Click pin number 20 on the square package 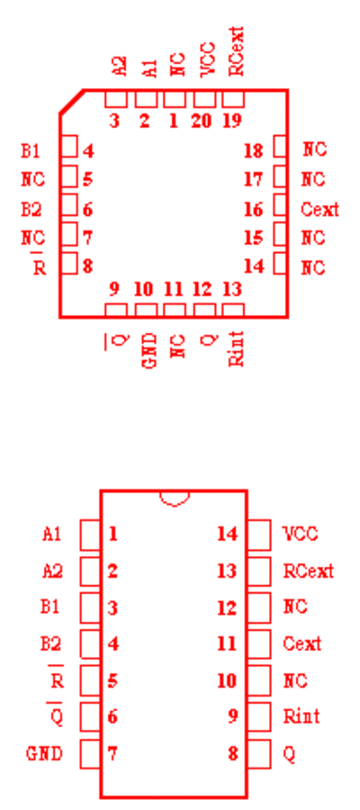click(x=202, y=121)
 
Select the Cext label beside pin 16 click(x=319, y=210)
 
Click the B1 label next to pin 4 click(x=30, y=151)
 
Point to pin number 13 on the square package click(x=232, y=289)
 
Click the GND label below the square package click(x=149, y=350)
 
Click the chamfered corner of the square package click(x=72, y=101)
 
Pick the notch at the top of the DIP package click(x=175, y=499)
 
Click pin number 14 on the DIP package click(x=228, y=534)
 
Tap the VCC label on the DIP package click(x=301, y=534)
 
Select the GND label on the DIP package click(x=44, y=753)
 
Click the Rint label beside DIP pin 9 click(x=301, y=716)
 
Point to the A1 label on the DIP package click(x=51, y=534)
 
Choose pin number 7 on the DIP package click(x=112, y=753)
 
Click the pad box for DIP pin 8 click(x=259, y=753)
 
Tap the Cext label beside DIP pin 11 click(x=302, y=643)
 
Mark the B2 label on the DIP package click(x=51, y=644)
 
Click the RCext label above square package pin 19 click(x=236, y=51)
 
